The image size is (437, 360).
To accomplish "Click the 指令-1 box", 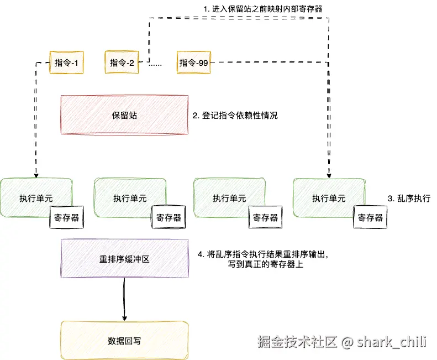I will coord(66,62).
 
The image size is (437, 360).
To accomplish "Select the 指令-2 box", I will coord(120,62).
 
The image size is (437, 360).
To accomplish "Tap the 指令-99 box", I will coord(193,62).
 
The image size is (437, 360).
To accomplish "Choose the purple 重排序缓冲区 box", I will coord(124,258).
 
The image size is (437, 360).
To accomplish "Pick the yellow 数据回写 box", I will coord(124,340).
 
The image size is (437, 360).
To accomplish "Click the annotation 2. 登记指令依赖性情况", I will coord(235,116).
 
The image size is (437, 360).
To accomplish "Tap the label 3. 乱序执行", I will coord(408,198).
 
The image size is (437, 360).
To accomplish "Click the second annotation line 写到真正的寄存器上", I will coord(266,265).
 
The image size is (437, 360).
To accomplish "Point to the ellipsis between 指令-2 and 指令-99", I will coord(155,64).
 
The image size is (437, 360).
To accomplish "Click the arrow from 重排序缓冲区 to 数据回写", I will coord(124,299).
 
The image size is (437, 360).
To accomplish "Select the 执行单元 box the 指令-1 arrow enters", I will coord(36,198).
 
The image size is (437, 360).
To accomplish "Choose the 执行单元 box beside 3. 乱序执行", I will coord(328,198).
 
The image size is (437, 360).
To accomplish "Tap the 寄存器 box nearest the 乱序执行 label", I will coord(370,217).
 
